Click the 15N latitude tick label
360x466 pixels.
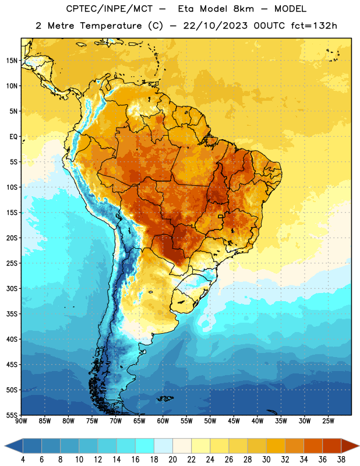[x=12, y=61]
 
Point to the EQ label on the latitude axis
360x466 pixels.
[x=13, y=137]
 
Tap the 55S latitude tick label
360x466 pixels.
[x=12, y=415]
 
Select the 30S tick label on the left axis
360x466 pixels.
[x=12, y=288]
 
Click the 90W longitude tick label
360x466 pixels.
[x=21, y=421]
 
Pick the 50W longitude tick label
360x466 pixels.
[x=210, y=421]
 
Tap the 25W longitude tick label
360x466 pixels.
[x=328, y=421]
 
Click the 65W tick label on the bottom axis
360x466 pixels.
[x=139, y=421]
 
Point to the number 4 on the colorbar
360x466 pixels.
[x=23, y=460]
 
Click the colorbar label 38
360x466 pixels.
[x=341, y=460]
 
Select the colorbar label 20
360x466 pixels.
[x=172, y=460]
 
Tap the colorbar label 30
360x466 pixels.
[x=266, y=460]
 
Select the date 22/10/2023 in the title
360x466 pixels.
[x=215, y=26]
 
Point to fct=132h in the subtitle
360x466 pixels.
[x=314, y=26]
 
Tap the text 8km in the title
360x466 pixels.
[x=243, y=9]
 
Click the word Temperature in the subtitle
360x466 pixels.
[x=111, y=26]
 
